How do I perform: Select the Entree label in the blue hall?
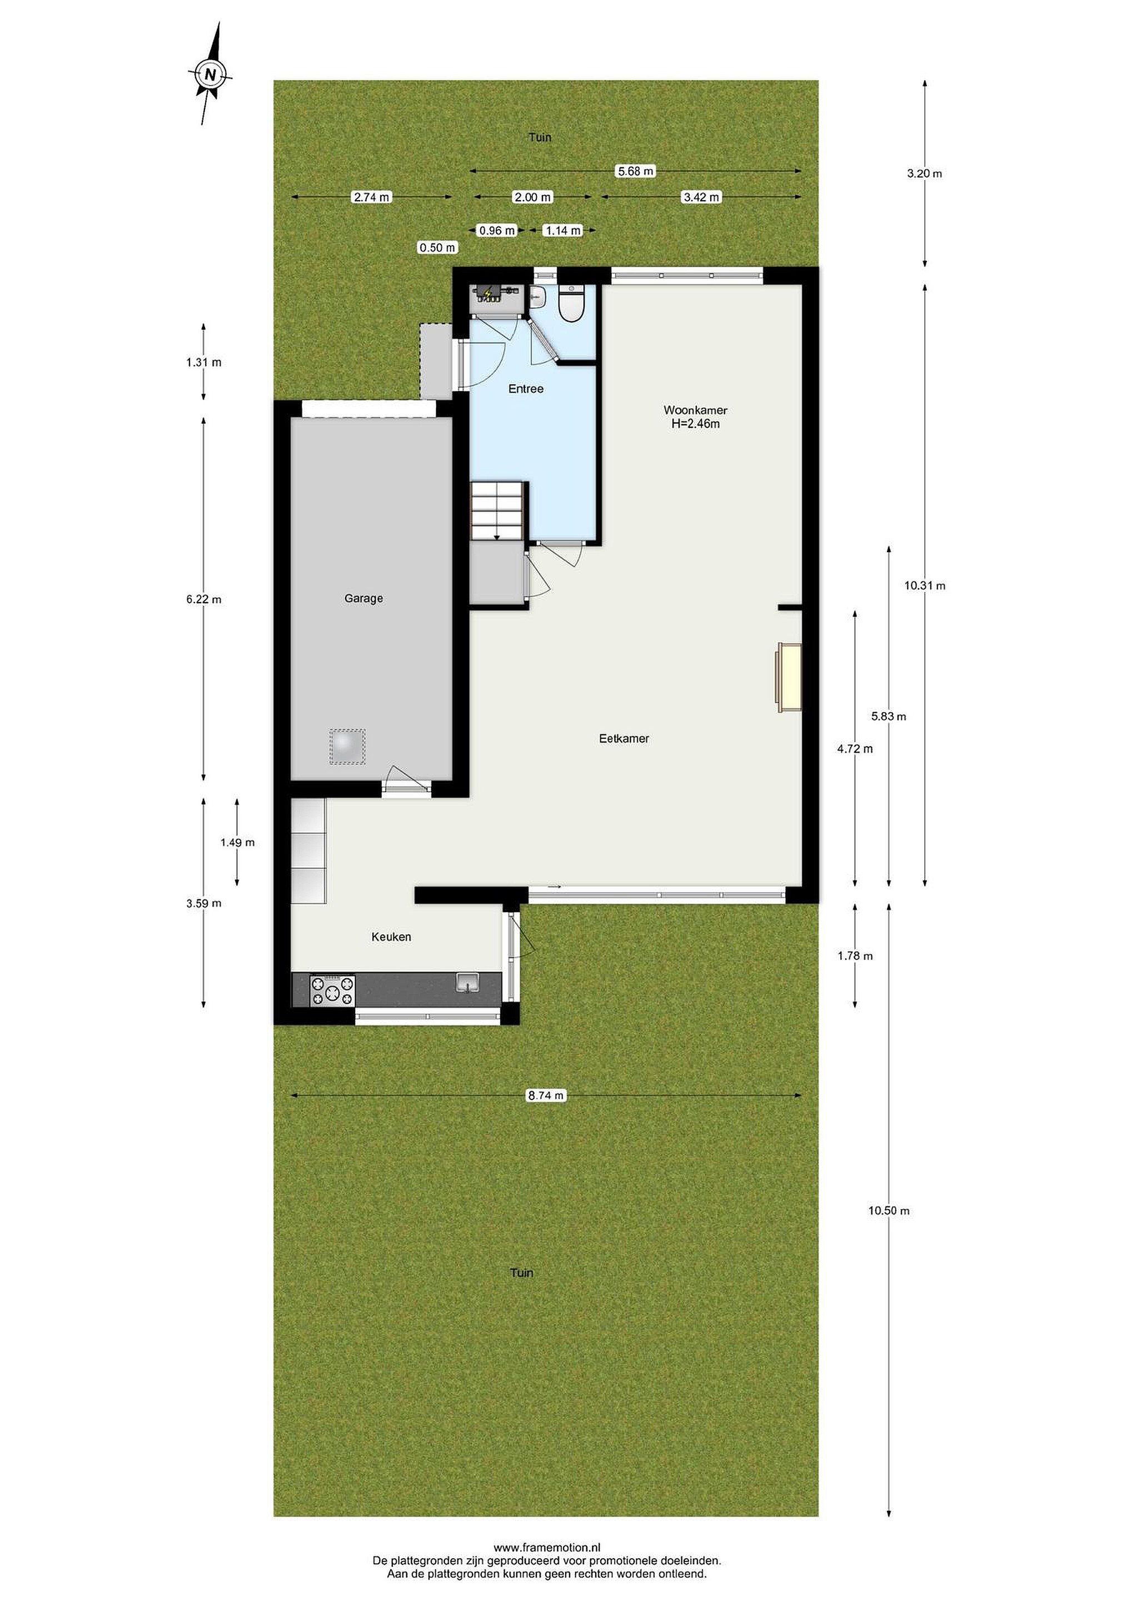click(x=526, y=389)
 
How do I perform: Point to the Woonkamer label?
click(x=695, y=411)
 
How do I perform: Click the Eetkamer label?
click(x=624, y=738)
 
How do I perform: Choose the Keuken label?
click(x=391, y=937)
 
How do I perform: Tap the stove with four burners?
click(x=332, y=990)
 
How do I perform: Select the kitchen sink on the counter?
click(x=467, y=982)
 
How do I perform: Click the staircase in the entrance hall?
click(x=497, y=510)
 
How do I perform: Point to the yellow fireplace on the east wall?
click(x=789, y=678)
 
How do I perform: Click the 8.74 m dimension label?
click(x=546, y=1096)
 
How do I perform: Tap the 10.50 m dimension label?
click(x=889, y=1211)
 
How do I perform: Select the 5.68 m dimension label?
click(x=636, y=171)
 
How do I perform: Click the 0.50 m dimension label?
click(x=437, y=247)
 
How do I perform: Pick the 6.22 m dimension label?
click(x=203, y=599)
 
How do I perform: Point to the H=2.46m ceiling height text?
click(x=695, y=423)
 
